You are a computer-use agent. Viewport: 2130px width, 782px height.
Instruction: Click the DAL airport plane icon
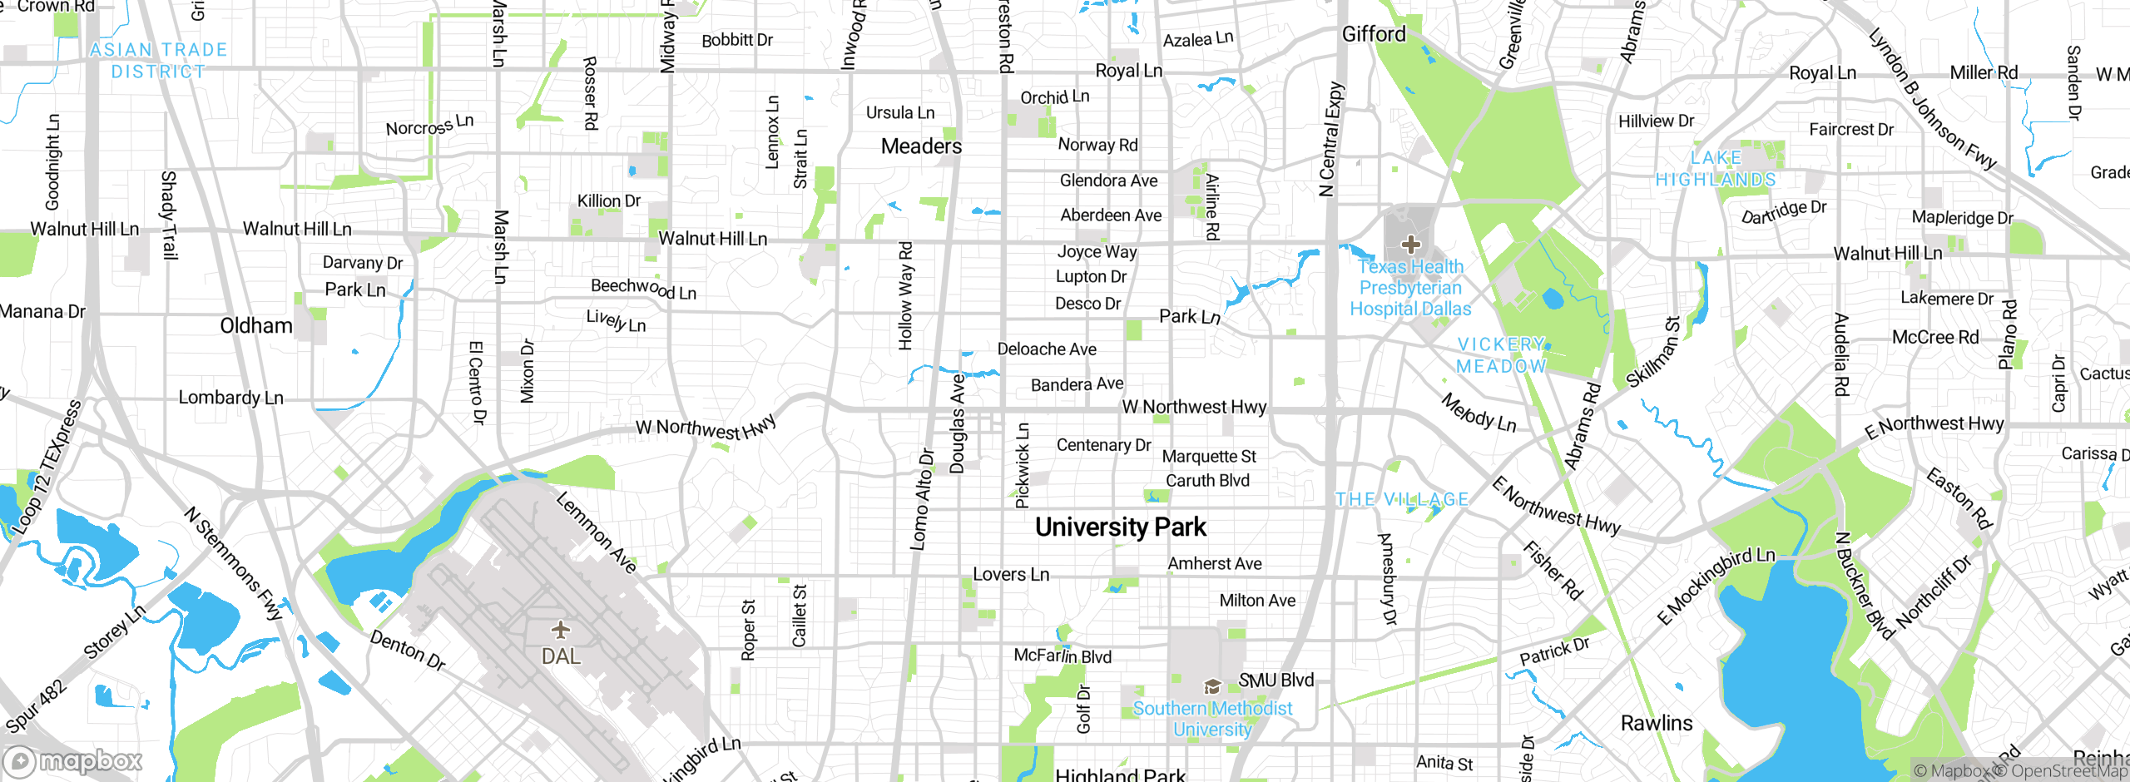point(561,629)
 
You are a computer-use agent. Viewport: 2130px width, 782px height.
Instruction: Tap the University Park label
point(1120,527)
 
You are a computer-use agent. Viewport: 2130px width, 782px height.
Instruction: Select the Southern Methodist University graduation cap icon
point(1212,687)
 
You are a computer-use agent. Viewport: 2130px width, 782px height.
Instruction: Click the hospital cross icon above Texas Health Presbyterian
point(1410,245)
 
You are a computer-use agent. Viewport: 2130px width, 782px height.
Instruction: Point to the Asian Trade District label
point(158,61)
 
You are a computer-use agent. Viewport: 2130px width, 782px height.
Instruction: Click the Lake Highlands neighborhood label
point(1716,169)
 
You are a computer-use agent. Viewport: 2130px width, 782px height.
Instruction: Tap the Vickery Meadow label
point(1501,355)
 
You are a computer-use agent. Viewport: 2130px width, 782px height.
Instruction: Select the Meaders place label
point(921,146)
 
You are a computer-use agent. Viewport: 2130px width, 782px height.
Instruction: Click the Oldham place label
point(256,325)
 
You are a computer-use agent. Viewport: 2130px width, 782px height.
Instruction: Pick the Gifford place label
point(1374,34)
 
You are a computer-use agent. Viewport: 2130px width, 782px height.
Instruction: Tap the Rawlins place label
point(1657,723)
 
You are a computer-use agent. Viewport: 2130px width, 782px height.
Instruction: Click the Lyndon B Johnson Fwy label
point(1932,99)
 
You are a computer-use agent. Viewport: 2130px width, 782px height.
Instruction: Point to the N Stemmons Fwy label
point(234,563)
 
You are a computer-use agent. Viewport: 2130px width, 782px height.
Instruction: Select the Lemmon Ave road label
point(596,532)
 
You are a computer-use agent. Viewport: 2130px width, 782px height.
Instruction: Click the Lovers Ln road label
point(1011,574)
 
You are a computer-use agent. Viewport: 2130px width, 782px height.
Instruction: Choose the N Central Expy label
point(1331,139)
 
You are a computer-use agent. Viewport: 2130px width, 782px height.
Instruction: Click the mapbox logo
point(73,761)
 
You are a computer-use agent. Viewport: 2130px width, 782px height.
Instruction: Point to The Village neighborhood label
point(1402,499)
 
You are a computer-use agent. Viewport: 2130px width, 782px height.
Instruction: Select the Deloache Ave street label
point(1047,349)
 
